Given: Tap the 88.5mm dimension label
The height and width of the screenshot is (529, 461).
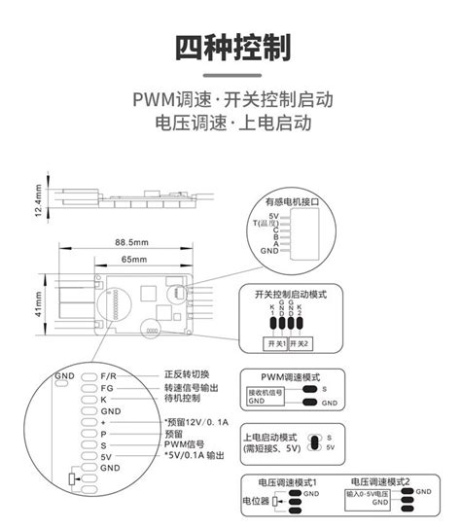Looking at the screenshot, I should click(131, 242).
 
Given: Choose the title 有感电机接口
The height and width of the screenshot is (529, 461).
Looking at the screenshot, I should click(291, 202).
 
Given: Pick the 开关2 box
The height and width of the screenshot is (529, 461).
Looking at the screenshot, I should click(301, 343).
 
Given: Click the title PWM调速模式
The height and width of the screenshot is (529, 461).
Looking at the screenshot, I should click(290, 375).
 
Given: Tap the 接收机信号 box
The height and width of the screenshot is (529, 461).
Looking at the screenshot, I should click(264, 395).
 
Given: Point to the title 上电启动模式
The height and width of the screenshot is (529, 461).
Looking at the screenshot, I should click(269, 437).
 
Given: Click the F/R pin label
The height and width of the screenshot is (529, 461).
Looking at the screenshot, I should click(109, 374).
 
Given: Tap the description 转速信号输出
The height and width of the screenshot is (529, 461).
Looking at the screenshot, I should click(191, 387).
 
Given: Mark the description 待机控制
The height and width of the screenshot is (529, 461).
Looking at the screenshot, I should click(182, 399).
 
